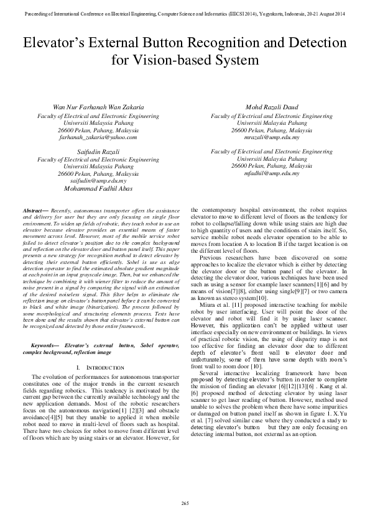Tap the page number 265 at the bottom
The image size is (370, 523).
click(x=185, y=503)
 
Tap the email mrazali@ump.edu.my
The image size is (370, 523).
click(x=271, y=137)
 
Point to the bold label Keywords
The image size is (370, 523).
click(x=44, y=343)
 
